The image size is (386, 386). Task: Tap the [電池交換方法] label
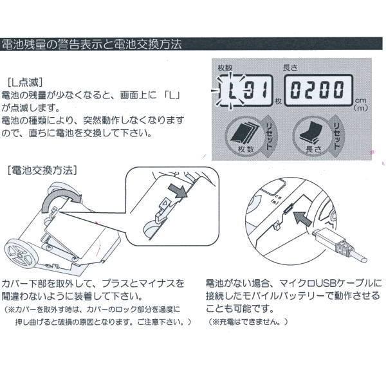coord(41,170)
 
